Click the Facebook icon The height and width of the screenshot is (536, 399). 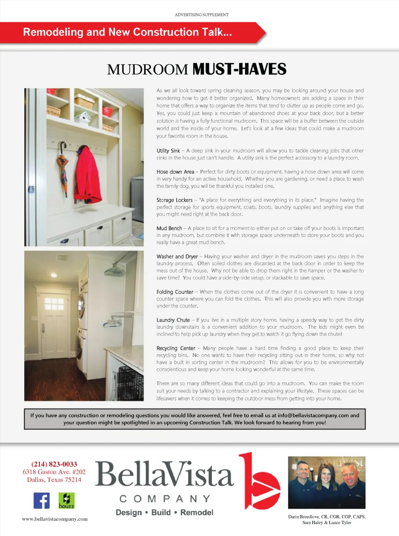coord(42,501)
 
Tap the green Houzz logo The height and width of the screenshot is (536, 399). coord(66,501)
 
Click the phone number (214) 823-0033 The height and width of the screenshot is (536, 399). coord(54,464)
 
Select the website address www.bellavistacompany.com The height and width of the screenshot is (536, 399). coord(55,519)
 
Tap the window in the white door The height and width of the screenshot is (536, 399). coord(54,304)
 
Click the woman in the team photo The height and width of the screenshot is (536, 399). coord(326,483)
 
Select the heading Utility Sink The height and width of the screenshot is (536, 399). coord(168,151)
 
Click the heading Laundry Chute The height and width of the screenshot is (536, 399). coord(173,320)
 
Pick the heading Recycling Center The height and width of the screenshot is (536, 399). coord(176,348)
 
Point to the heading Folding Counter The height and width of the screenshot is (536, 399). coord(175,292)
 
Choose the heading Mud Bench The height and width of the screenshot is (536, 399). coord(169,228)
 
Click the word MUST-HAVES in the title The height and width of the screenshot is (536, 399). coord(239,69)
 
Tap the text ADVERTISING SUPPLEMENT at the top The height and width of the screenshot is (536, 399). coord(201,15)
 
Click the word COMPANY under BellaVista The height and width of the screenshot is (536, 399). coord(165,499)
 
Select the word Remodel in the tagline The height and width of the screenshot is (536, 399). coord(197,513)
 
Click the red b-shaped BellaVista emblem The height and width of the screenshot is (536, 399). coord(260,481)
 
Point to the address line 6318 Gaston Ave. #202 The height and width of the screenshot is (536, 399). coord(54,472)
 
